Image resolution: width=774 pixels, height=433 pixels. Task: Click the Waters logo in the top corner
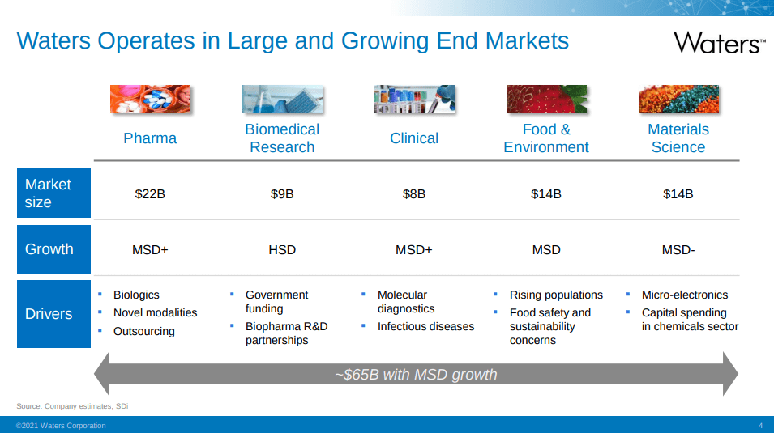click(719, 42)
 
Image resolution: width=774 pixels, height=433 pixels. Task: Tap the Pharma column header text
click(150, 138)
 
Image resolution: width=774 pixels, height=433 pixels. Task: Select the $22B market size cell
click(150, 193)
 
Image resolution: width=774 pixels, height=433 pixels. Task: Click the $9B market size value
click(282, 193)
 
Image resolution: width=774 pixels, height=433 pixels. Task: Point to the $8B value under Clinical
click(413, 193)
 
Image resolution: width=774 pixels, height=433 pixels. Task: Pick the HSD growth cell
click(282, 249)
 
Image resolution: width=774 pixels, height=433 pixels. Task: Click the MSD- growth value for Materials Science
click(678, 249)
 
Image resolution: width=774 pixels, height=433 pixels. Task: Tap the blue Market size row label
click(53, 193)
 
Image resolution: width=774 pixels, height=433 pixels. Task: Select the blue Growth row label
click(53, 249)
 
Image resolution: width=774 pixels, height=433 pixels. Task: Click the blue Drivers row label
click(53, 314)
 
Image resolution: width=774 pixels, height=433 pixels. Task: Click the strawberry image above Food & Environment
click(546, 99)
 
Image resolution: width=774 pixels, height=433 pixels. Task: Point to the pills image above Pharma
click(150, 99)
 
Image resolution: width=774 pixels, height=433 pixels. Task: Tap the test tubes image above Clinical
click(414, 99)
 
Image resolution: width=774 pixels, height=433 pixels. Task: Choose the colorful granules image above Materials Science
click(678, 99)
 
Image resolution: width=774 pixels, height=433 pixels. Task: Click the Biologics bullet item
click(136, 295)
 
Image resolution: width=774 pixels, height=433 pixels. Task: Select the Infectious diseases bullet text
click(425, 326)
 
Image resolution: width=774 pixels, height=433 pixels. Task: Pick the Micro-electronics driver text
click(685, 295)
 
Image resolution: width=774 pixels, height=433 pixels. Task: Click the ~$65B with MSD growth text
click(416, 374)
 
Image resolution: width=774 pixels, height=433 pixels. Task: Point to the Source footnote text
click(72, 405)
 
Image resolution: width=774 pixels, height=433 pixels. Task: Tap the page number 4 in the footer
click(760, 426)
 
